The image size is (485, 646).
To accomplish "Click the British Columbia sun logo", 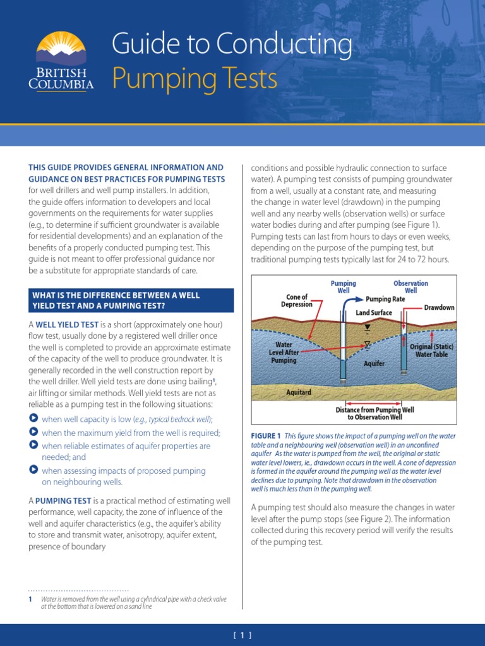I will pyautogui.click(x=61, y=49).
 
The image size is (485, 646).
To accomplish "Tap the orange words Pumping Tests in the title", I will pyautogui.click(x=195, y=79).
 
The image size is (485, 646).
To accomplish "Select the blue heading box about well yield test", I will pyautogui.click(x=131, y=300).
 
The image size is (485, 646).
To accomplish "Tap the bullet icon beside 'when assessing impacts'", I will pyautogui.click(x=33, y=470).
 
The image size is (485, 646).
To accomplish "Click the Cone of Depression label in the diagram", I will pyautogui.click(x=297, y=300).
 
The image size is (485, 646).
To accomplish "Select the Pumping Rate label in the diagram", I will pyautogui.click(x=385, y=299).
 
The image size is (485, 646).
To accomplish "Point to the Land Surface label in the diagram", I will pyautogui.click(x=374, y=312).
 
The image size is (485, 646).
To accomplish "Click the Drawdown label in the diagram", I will pyautogui.click(x=440, y=307).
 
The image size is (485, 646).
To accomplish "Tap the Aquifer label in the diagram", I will pyautogui.click(x=374, y=364).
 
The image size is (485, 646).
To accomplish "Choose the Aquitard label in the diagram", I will pyautogui.click(x=299, y=392).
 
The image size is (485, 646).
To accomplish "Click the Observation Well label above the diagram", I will pyautogui.click(x=410, y=287).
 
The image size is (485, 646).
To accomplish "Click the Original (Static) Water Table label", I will pyautogui.click(x=432, y=350).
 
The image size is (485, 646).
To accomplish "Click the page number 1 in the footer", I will pyautogui.click(x=242, y=635).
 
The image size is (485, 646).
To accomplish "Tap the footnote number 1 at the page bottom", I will pyautogui.click(x=30, y=599).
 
